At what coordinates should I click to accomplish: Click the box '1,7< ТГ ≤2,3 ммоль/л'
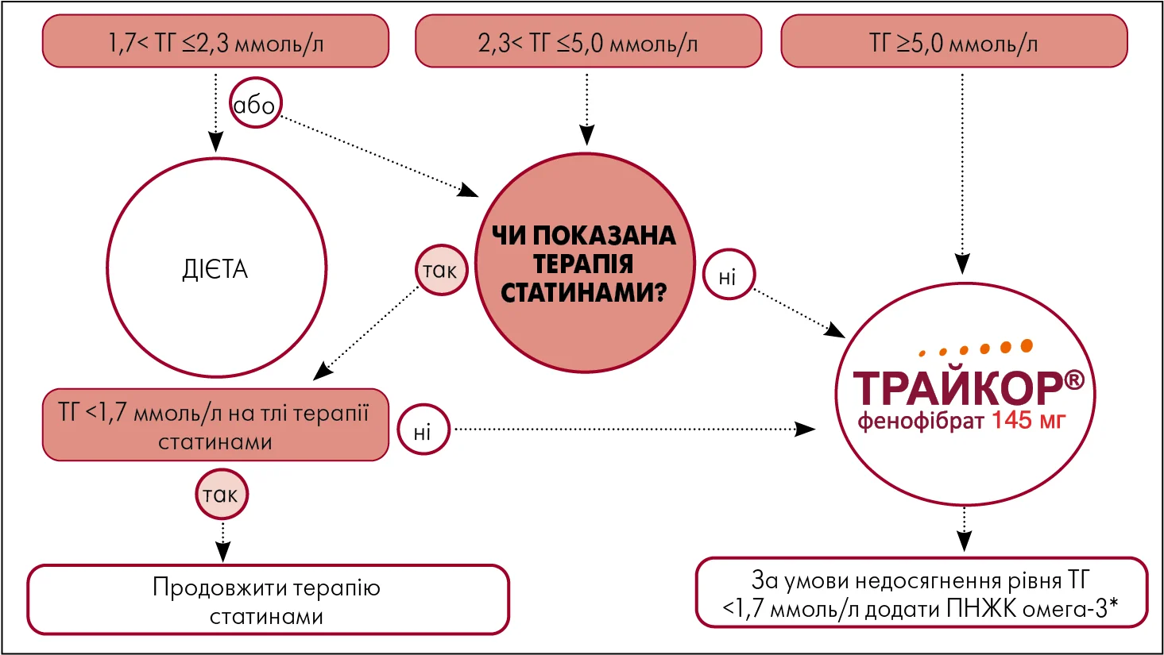[215, 41]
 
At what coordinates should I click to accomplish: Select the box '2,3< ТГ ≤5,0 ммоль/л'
[588, 41]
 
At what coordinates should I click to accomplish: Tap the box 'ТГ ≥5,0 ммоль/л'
[954, 41]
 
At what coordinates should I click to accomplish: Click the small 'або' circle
[255, 103]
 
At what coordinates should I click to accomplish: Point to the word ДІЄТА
[215, 270]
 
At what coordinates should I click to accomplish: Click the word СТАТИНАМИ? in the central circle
[584, 293]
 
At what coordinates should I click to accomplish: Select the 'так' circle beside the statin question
[442, 270]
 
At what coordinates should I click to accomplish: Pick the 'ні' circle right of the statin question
[729, 275]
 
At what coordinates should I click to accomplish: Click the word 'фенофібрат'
[921, 422]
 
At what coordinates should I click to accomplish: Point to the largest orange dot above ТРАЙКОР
[1027, 345]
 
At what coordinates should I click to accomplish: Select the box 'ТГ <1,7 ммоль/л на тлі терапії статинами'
[215, 425]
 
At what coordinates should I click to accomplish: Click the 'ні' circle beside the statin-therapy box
[423, 430]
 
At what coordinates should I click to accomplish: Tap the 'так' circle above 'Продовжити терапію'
[222, 495]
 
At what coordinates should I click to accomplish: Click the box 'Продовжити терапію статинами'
[268, 600]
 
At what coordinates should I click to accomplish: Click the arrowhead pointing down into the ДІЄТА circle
[215, 141]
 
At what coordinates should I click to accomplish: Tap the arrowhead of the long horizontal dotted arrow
[806, 429]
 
